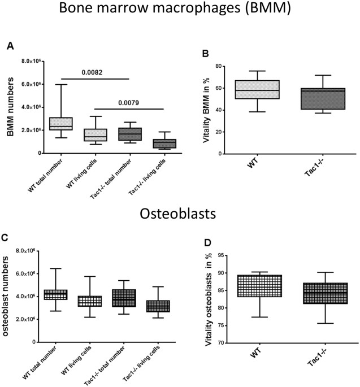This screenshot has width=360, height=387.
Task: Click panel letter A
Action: pyautogui.click(x=10, y=49)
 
